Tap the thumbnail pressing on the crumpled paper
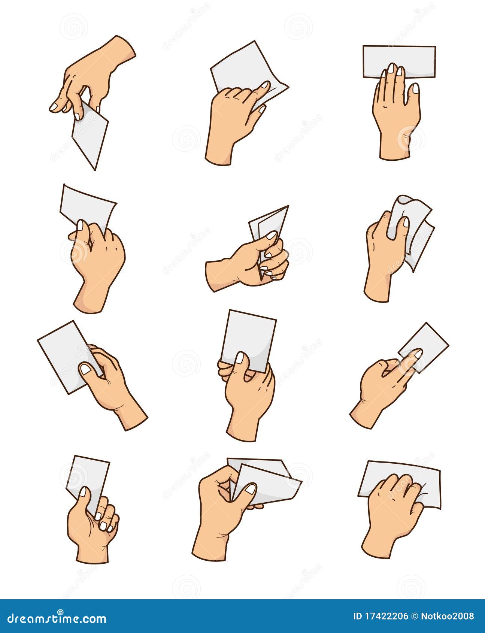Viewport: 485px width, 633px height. pos(406,222)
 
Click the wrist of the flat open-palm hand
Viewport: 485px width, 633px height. pos(394,150)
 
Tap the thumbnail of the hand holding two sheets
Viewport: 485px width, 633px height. pos(250,489)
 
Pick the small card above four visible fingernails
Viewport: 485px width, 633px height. pos(88,476)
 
